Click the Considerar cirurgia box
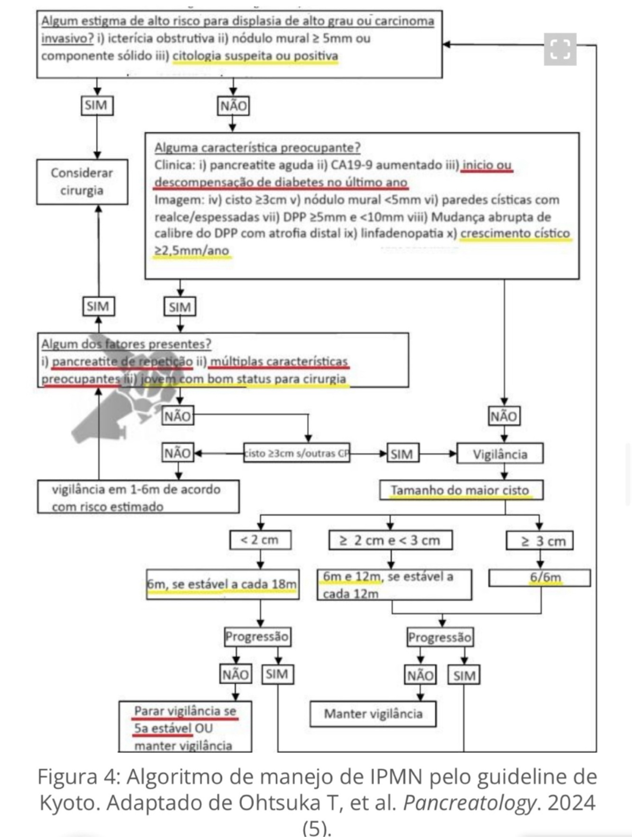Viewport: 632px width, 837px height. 82,182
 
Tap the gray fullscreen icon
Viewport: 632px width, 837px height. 560,49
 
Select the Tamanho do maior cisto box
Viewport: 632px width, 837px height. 460,490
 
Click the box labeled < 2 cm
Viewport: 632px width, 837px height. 260,540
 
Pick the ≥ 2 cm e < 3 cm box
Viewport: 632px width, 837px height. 390,540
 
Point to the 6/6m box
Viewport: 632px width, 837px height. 540,578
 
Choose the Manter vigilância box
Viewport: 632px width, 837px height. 373,714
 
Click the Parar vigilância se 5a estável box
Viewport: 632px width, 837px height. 185,727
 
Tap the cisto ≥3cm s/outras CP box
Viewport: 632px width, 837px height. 297,453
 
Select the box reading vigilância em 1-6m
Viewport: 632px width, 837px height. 138,497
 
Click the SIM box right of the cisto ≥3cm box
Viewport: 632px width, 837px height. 402,454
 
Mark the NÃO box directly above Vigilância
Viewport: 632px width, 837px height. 504,416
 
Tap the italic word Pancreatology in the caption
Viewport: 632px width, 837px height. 468,802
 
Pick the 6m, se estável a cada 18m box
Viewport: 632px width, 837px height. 222,585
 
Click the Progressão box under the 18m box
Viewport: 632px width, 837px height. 257,637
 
